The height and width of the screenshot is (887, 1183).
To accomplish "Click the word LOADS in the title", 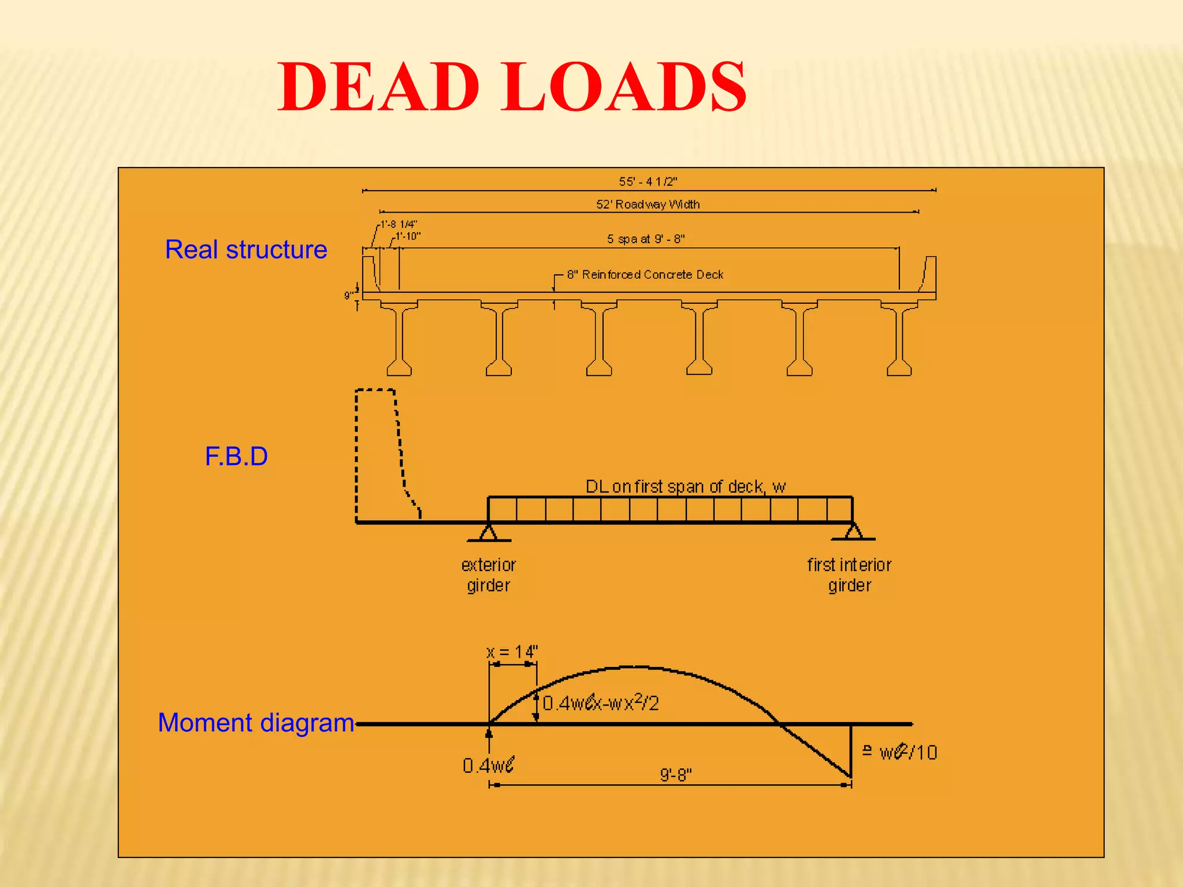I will (x=624, y=88).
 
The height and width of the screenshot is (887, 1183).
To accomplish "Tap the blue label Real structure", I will (x=246, y=249).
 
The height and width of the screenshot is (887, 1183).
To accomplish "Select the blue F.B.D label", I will (x=236, y=456).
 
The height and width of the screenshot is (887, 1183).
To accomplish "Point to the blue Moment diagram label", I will (x=256, y=722).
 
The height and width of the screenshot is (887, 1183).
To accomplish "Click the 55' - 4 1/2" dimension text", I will (x=648, y=181).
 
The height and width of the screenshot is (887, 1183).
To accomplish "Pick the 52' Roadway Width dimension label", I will (x=648, y=204).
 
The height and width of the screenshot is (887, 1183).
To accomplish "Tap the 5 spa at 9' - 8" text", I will (x=645, y=239).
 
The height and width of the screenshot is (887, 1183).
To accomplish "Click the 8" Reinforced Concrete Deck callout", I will (x=645, y=275).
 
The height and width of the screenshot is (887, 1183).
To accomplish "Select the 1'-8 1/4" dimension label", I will (x=399, y=224).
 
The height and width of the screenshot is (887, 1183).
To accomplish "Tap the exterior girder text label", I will (x=488, y=575).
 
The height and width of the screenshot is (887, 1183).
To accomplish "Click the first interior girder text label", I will (x=849, y=575).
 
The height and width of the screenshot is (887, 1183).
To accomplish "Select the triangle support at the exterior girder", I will (x=489, y=532).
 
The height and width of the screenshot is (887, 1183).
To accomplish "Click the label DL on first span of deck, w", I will (x=685, y=487).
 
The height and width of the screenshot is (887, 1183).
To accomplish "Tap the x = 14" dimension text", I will (x=512, y=652).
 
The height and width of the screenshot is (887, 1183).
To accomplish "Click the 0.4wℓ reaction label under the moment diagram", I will (x=488, y=765).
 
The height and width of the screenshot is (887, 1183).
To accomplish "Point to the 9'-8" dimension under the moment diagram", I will (x=675, y=774).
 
